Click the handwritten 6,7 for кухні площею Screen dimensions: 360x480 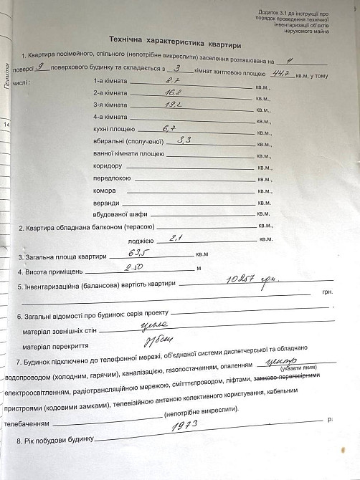(x=170, y=129)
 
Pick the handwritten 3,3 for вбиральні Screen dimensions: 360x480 (x=184, y=140)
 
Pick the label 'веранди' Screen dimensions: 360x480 (x=106, y=203)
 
